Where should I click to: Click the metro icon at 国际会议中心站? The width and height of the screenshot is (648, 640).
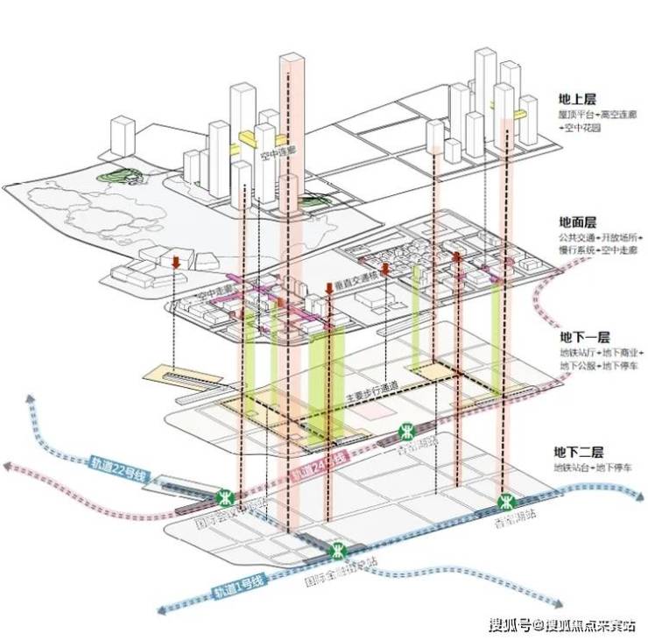click(225, 497)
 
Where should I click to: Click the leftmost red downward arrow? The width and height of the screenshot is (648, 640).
click(176, 262)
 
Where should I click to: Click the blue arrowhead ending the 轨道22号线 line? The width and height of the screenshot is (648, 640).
click(30, 401)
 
